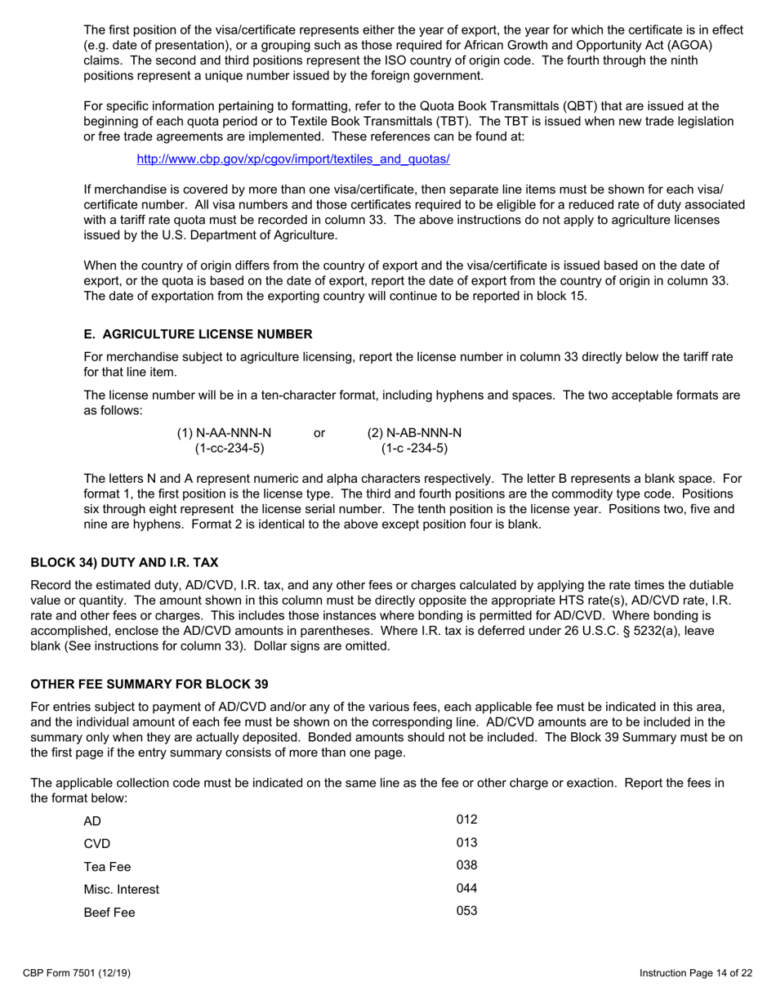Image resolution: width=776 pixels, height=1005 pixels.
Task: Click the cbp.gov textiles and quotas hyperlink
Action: (293, 159)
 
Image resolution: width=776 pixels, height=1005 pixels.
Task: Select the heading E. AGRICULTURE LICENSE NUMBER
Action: (198, 334)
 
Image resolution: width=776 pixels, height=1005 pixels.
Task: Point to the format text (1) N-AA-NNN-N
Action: (224, 432)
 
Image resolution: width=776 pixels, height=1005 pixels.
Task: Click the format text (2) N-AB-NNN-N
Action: (414, 432)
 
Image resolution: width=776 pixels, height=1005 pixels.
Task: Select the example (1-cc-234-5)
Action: (230, 448)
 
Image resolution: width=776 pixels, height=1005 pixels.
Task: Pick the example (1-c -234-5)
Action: (414, 448)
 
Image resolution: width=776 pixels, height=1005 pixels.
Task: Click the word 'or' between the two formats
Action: (319, 432)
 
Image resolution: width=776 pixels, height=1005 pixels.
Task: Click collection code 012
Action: (466, 820)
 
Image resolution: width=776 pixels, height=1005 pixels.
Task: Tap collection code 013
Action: (466, 842)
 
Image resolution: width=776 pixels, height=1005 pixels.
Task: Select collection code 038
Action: (466, 865)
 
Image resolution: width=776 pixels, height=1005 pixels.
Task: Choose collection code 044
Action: (466, 888)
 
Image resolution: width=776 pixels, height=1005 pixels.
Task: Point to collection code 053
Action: (466, 911)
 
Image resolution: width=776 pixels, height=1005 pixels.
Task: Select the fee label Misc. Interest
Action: (122, 890)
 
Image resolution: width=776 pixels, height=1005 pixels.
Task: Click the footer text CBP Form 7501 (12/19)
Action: (78, 973)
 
